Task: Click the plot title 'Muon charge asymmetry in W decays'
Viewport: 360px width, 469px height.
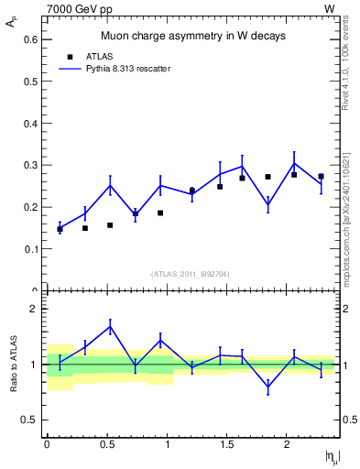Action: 192,37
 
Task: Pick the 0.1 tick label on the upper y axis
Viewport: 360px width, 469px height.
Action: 31,248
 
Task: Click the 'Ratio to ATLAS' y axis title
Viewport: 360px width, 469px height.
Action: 13,365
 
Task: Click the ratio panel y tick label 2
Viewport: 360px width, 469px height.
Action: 34,310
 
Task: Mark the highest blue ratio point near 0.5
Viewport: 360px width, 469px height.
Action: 110,326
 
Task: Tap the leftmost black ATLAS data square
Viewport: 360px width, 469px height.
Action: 60,229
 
